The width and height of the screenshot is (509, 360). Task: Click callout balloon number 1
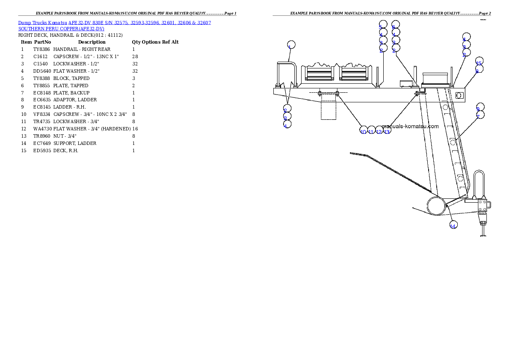(291, 45)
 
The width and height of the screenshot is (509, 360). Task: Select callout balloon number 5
(383, 24)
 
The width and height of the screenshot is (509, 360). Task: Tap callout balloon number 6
(396, 24)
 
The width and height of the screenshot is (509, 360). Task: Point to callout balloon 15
(479, 61)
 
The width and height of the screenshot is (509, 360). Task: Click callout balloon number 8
(479, 69)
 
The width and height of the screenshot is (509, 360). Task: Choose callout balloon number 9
(480, 107)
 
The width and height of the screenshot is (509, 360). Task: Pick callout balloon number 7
(480, 115)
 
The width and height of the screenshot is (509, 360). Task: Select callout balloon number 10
(364, 130)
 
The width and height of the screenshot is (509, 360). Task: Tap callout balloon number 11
(371, 130)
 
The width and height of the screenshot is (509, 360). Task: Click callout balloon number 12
(379, 130)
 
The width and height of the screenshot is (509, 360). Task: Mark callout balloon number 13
(387, 130)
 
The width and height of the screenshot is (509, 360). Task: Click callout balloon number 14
(453, 224)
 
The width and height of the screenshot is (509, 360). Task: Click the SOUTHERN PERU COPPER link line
(61, 29)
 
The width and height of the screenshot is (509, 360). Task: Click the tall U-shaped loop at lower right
(479, 184)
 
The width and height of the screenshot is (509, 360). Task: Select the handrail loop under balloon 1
(285, 73)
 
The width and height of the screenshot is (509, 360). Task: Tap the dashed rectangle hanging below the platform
(328, 110)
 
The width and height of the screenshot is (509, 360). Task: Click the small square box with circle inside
(459, 95)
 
